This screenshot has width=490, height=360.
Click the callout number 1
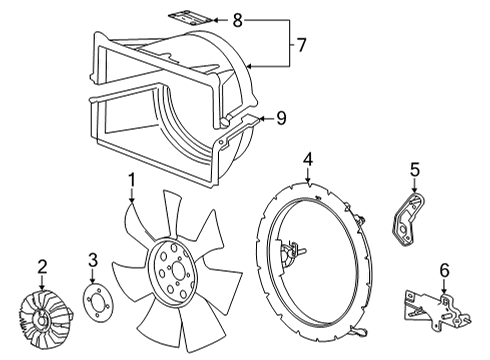click(x=130, y=180)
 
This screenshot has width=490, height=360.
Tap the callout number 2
click(x=42, y=265)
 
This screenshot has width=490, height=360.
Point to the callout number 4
click(x=309, y=157)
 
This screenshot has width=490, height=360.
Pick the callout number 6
click(x=444, y=269)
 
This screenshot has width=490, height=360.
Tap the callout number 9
click(x=282, y=117)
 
